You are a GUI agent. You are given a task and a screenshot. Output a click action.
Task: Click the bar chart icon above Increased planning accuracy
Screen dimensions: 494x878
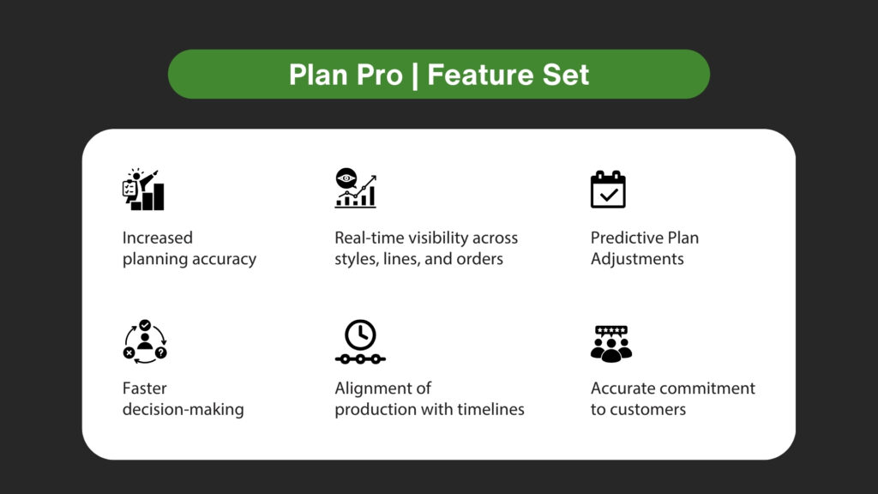pos(143,190)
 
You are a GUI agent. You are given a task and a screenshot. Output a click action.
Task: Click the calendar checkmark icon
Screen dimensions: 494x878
pos(608,190)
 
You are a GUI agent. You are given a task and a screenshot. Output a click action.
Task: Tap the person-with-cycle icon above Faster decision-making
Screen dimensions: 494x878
pos(144,340)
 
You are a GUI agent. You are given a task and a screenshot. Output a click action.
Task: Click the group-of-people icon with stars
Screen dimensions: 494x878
pos(611,342)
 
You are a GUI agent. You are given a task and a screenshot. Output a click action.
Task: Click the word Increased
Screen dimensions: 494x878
pos(158,238)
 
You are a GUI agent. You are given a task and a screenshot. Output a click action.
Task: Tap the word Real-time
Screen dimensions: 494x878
pos(370,238)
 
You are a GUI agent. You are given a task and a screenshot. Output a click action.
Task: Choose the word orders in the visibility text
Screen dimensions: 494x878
pos(479,259)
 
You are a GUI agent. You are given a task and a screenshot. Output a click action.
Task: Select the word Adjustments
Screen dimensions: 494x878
pos(637,259)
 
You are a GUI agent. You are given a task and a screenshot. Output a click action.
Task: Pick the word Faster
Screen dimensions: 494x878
pos(145,388)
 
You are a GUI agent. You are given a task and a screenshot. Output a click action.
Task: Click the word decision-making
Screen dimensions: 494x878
pos(183,409)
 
